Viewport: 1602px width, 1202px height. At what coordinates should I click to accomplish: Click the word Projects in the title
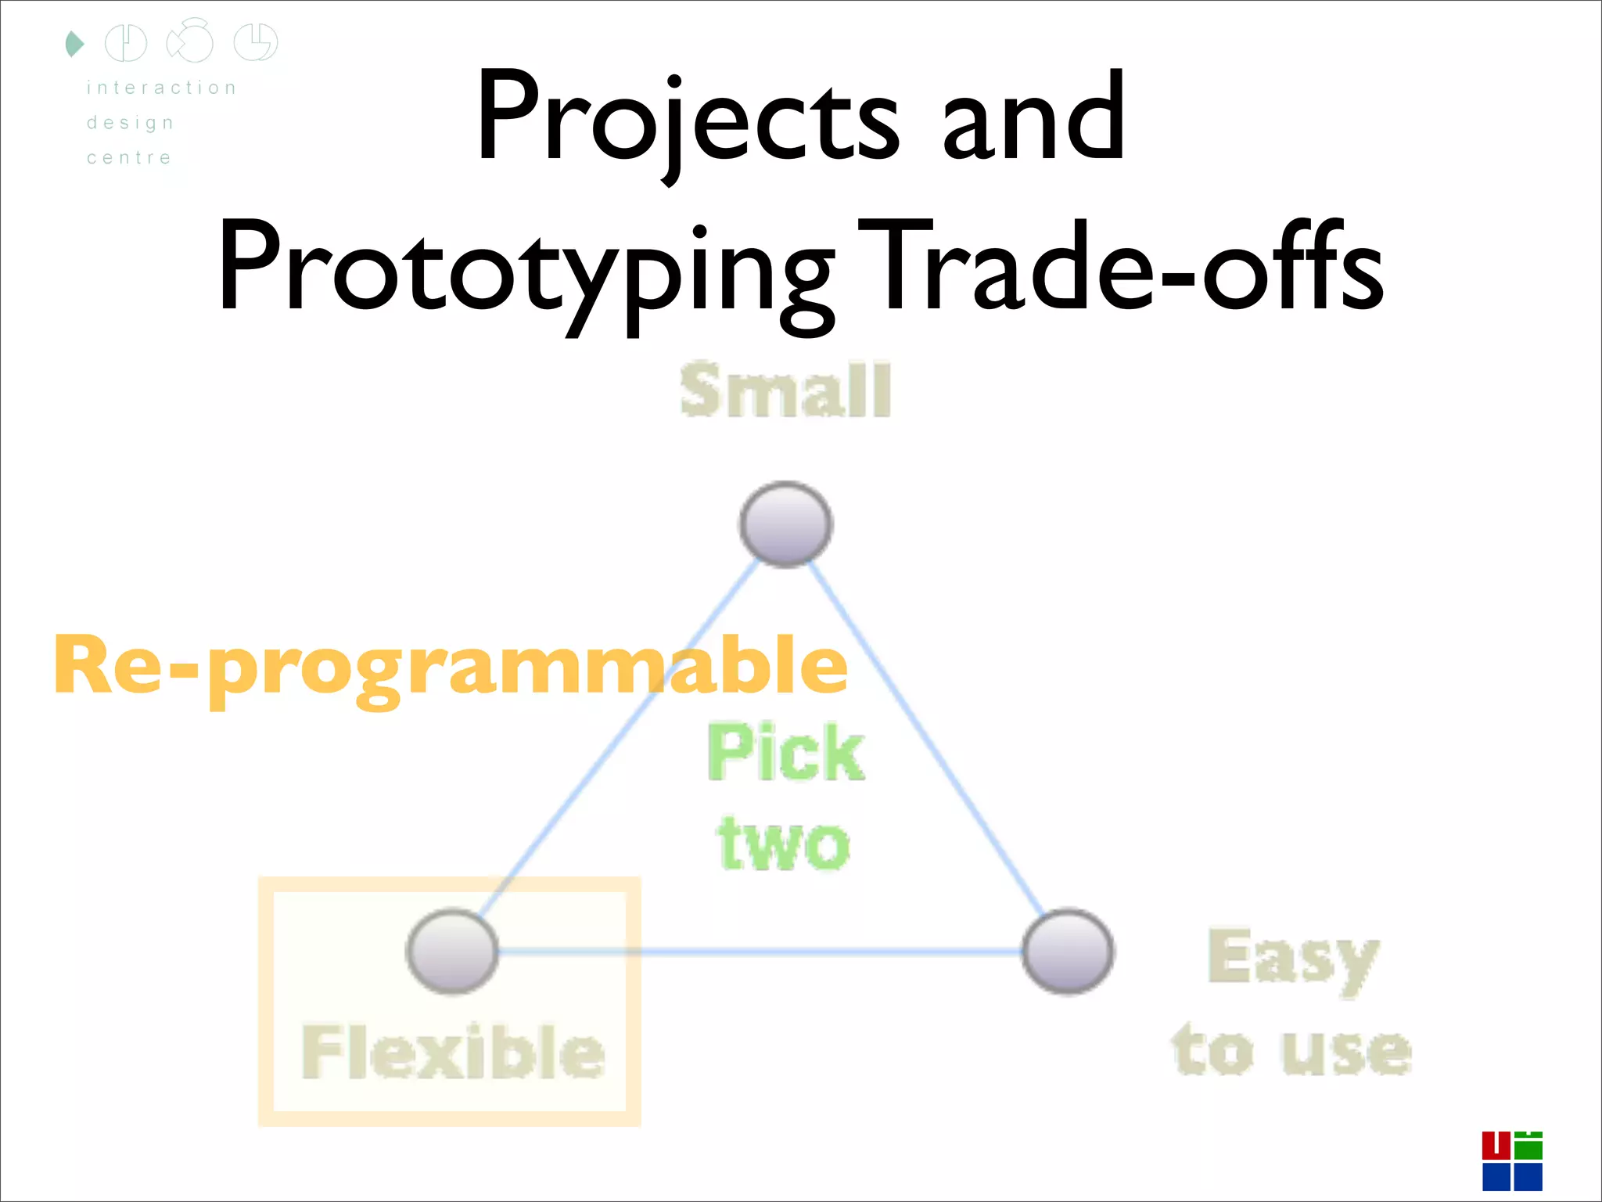click(688, 117)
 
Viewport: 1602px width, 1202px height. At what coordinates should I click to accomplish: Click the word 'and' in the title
click(1034, 117)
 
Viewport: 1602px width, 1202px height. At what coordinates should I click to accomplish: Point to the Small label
click(785, 390)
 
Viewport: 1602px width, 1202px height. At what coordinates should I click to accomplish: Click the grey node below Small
click(785, 524)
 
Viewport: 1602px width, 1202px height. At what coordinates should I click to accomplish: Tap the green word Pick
click(785, 753)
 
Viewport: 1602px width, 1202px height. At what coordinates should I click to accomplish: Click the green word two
click(784, 844)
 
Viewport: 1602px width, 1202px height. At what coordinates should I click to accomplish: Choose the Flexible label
click(453, 1052)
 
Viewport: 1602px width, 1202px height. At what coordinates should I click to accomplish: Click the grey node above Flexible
click(452, 951)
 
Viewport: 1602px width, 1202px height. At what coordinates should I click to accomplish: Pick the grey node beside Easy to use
click(1068, 951)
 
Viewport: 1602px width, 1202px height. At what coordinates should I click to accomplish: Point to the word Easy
click(1292, 959)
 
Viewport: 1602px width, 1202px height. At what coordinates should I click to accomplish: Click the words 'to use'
click(1292, 1050)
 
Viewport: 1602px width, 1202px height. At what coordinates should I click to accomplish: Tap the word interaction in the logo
click(161, 88)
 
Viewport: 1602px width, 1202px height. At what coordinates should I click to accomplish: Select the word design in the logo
click(131, 123)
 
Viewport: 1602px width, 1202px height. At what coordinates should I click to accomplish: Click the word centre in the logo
click(129, 158)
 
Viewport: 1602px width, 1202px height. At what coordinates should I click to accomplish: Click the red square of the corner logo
click(1496, 1145)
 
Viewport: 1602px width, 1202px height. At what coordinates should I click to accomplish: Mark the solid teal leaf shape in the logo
click(74, 44)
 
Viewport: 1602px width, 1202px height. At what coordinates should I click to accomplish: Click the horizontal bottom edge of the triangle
click(759, 952)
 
